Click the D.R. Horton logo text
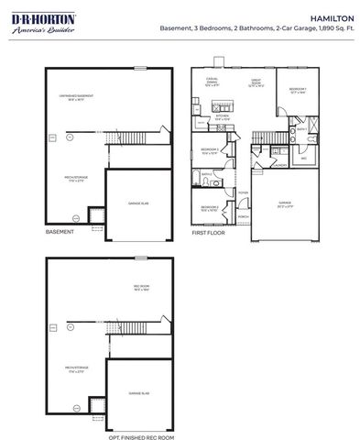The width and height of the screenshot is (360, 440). (x=31, y=17)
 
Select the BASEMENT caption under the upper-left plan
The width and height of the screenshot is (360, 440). (x=60, y=233)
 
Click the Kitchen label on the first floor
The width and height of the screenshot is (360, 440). (x=222, y=117)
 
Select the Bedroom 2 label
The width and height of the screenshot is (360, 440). (x=210, y=152)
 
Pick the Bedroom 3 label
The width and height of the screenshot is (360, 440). (x=210, y=208)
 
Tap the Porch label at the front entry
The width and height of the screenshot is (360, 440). (x=244, y=216)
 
